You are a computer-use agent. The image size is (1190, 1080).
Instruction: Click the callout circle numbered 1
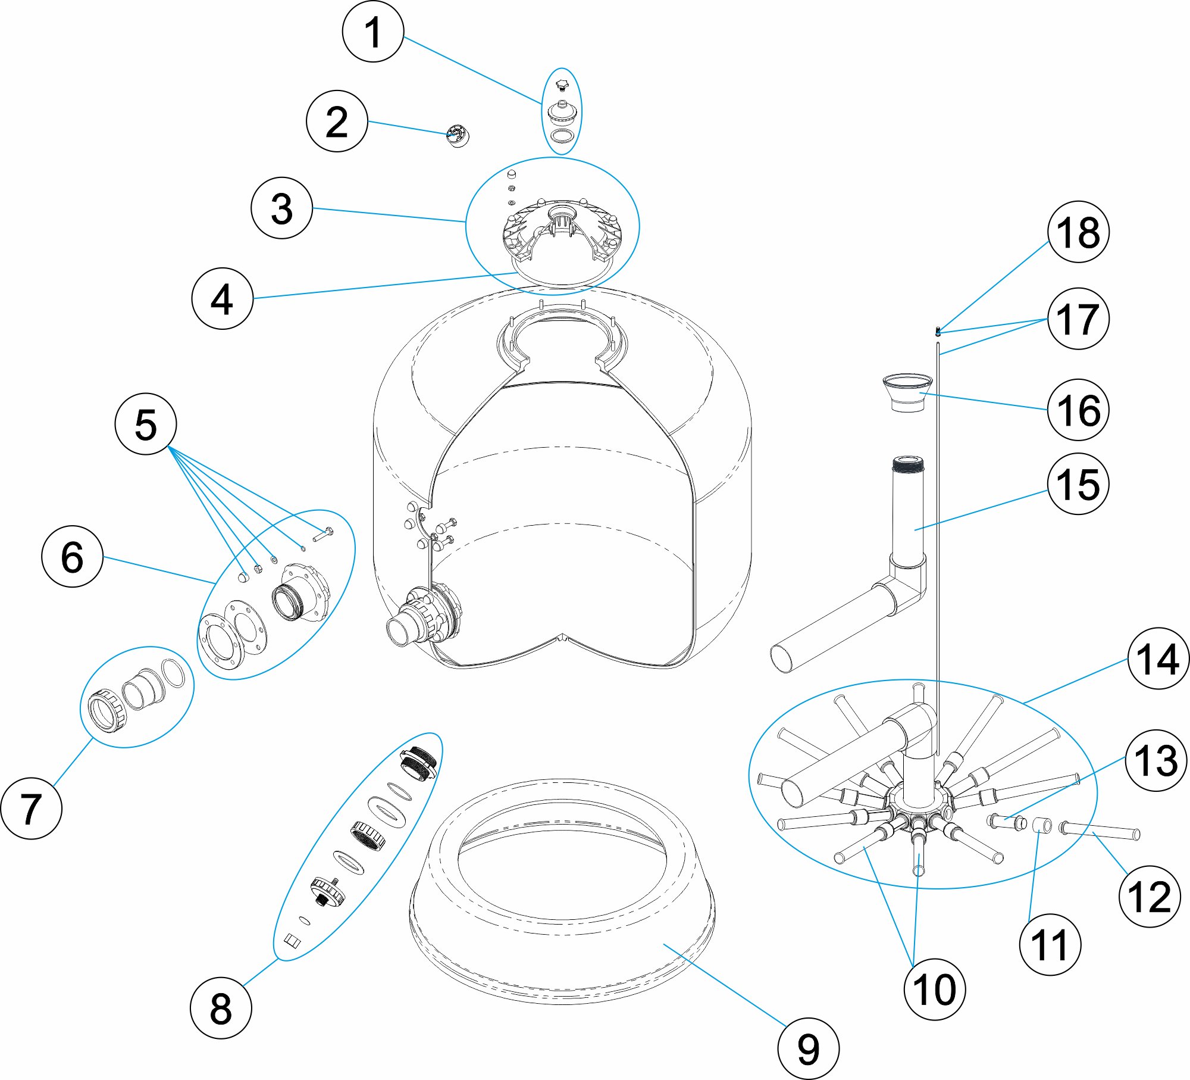tap(373, 32)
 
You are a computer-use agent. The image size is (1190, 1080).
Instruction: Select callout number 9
tap(808, 1048)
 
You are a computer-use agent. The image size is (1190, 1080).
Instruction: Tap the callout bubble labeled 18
tap(1078, 232)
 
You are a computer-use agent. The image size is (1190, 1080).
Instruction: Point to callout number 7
tap(32, 809)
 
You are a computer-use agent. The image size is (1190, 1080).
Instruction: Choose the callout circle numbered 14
tap(1158, 658)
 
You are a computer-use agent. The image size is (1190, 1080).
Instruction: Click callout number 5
tap(146, 424)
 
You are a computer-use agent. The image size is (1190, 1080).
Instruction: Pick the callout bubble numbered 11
tap(1050, 944)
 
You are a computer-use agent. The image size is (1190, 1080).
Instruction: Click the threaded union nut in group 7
tap(107, 710)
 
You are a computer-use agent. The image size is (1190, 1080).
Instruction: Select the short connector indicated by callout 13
tap(1007, 822)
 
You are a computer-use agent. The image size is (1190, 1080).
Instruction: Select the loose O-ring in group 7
tap(173, 673)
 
